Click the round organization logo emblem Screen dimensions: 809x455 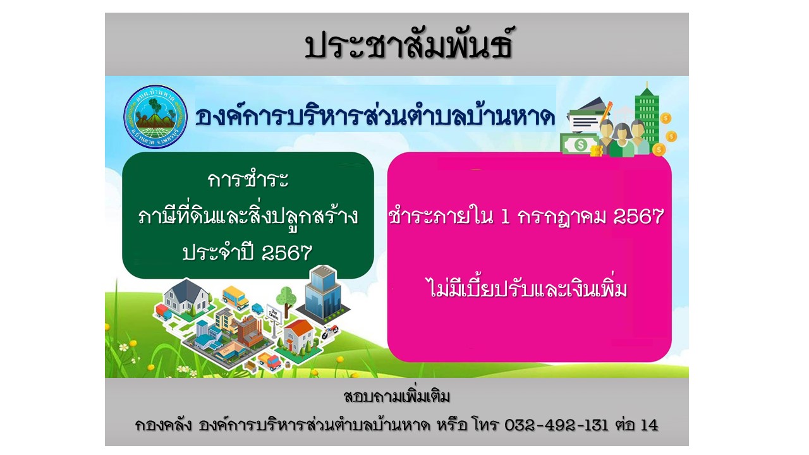pos(155,117)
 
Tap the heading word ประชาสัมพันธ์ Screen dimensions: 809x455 pos(408,44)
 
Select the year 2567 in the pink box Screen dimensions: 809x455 pos(638,216)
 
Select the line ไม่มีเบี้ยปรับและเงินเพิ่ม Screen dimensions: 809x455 pos(528,288)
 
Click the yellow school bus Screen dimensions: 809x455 pos(235,298)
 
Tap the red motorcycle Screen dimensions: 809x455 pos(329,331)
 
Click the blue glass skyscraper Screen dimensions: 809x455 pos(322,293)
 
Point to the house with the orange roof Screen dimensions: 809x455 pos(299,337)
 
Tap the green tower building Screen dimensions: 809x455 pos(647,116)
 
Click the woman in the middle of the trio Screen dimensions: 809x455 pos(621,140)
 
